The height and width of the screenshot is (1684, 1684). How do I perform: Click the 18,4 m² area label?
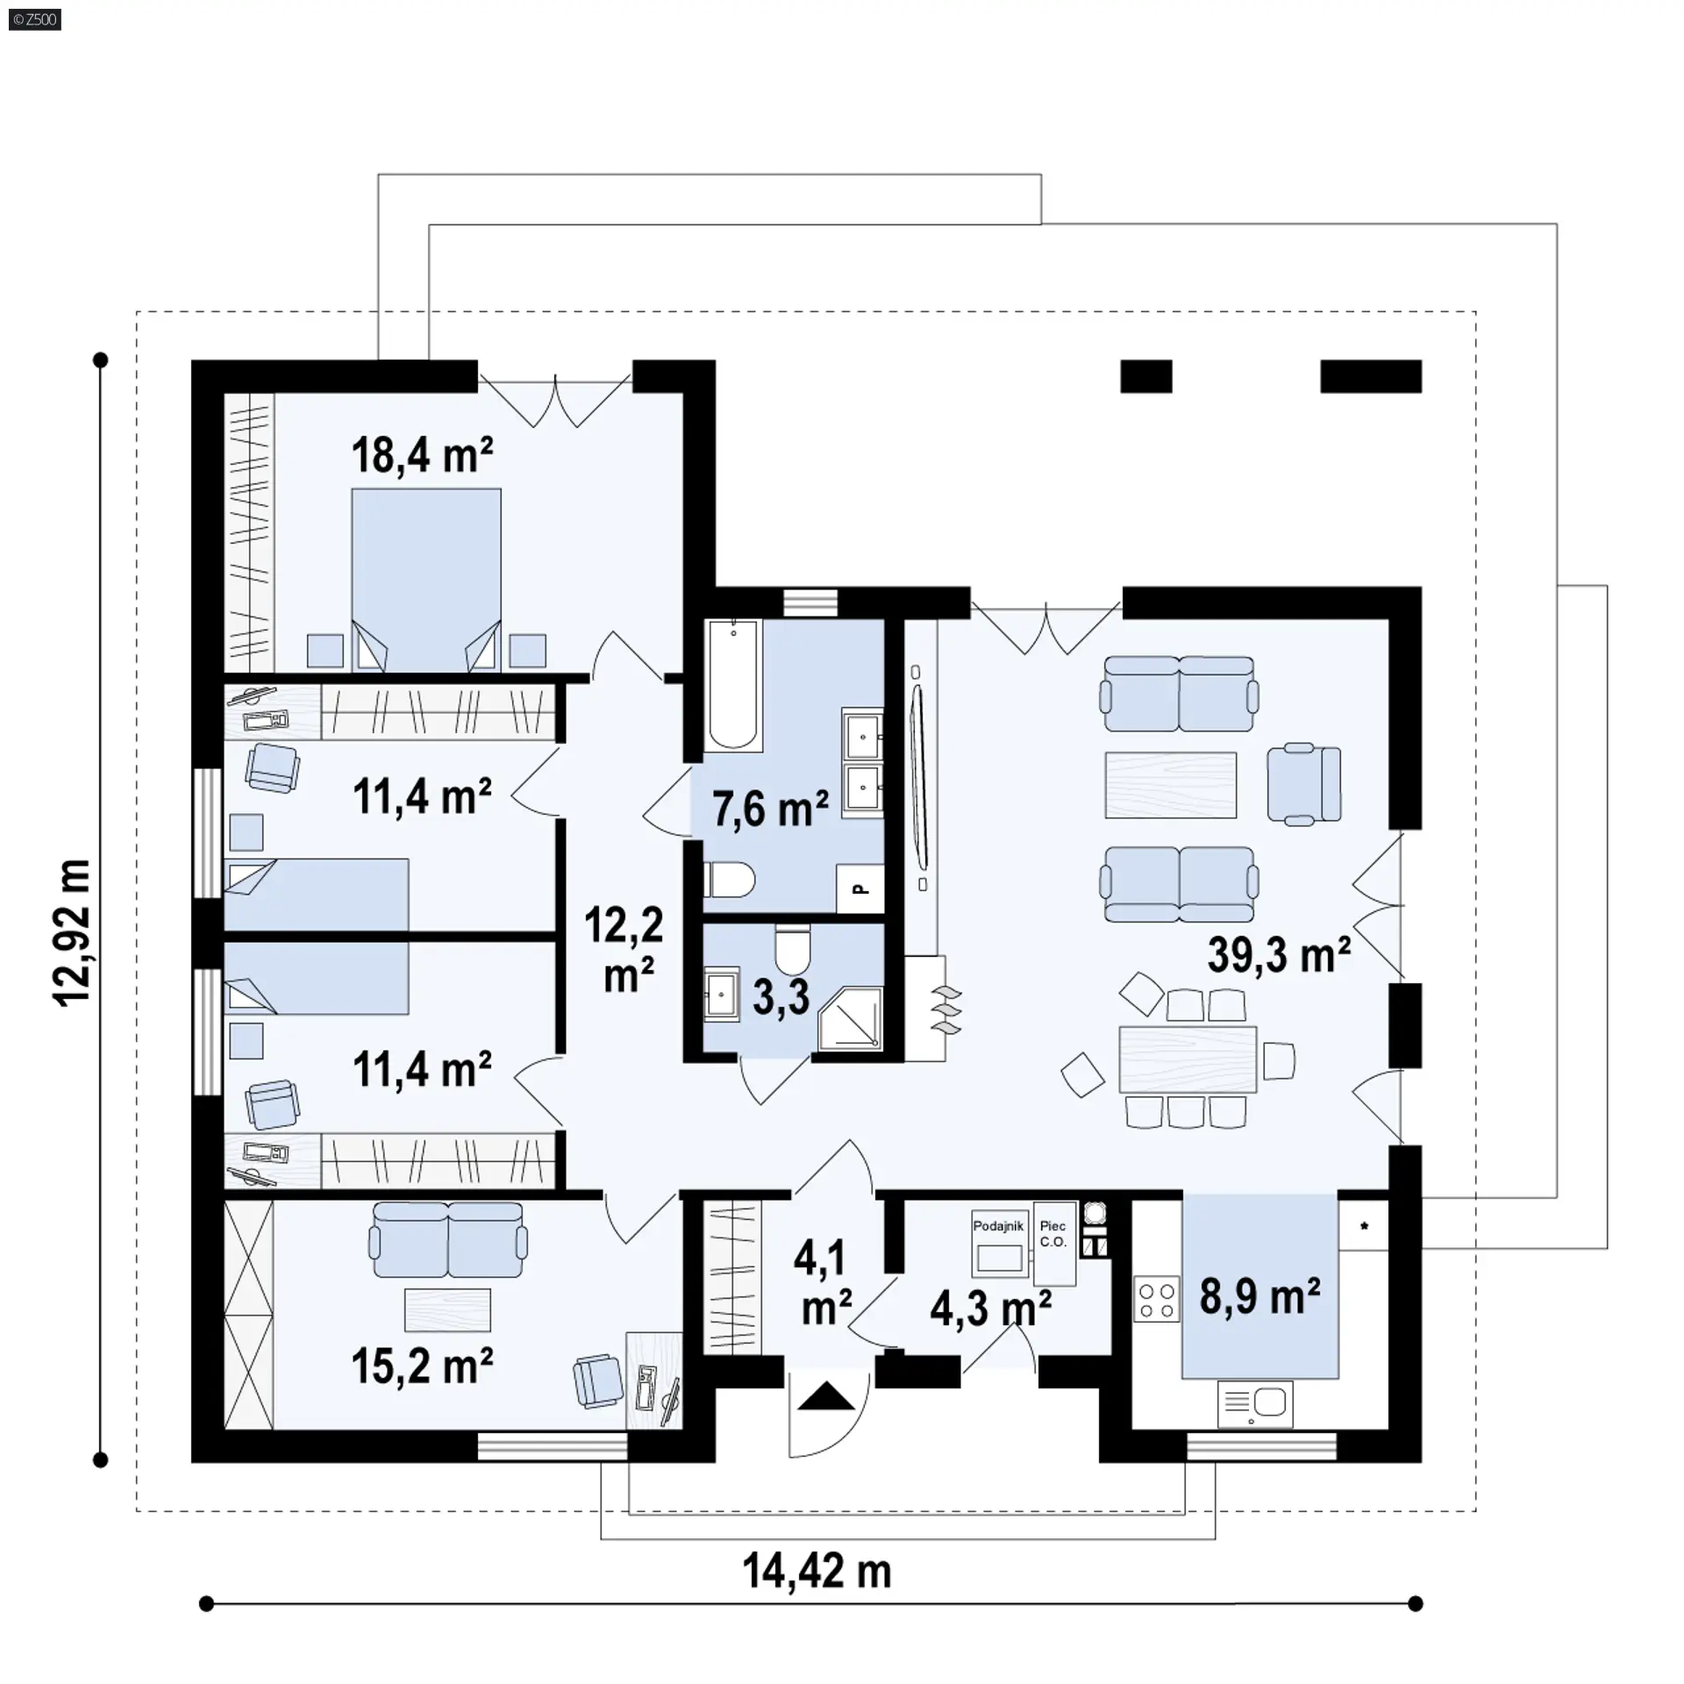tap(422, 455)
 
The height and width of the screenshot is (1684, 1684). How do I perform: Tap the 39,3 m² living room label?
tap(1279, 953)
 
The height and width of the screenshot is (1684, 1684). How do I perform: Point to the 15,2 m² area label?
tap(422, 1366)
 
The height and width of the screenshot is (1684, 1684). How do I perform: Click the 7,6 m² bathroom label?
tap(770, 808)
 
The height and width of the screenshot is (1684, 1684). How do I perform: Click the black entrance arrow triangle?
tap(825, 1395)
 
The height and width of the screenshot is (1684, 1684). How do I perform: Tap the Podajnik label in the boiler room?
tap(998, 1226)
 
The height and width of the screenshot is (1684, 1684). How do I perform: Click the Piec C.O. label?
tap(1052, 1234)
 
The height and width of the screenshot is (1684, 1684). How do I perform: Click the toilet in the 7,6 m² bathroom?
tap(729, 880)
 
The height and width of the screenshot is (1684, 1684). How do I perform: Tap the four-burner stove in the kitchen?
tap(1156, 1302)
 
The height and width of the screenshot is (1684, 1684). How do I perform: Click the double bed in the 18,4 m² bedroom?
tap(426, 581)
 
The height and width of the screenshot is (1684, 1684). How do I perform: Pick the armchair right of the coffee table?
tap(1304, 784)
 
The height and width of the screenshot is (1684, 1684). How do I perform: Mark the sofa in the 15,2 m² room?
tap(448, 1240)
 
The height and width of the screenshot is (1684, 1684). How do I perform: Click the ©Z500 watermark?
tap(36, 19)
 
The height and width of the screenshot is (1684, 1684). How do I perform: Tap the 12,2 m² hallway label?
tap(624, 950)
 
